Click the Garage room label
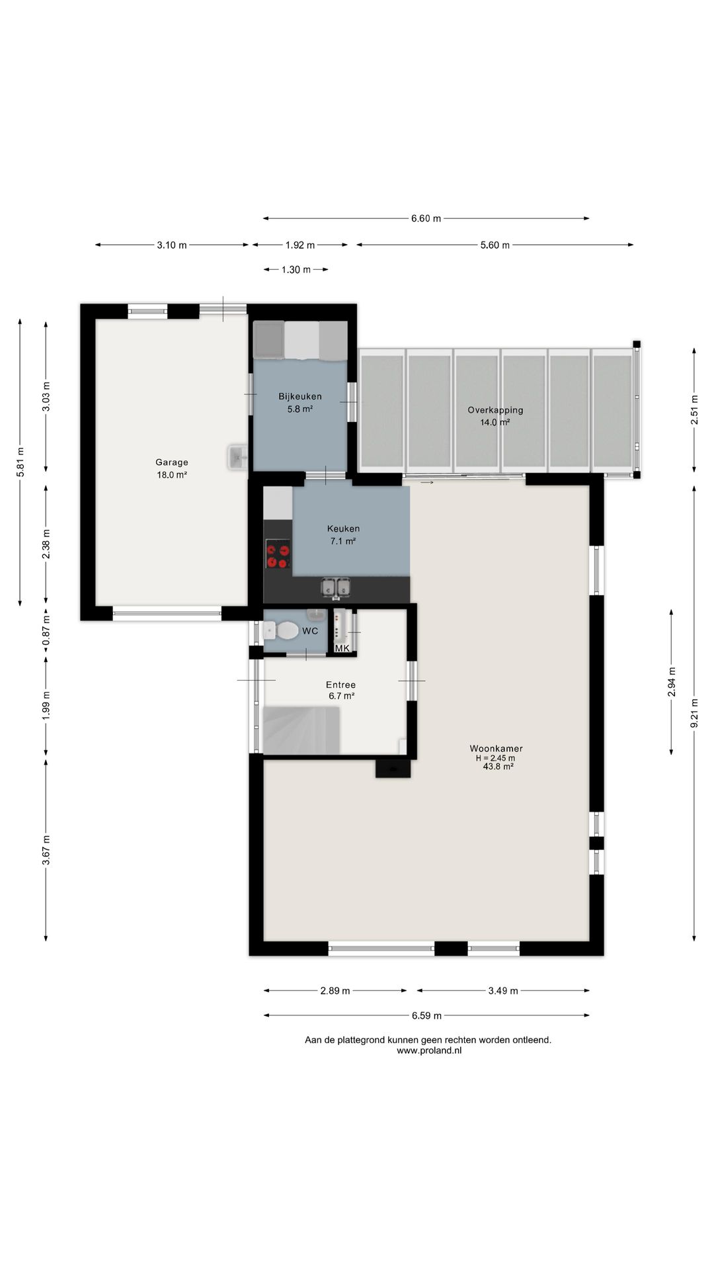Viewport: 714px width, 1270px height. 172,462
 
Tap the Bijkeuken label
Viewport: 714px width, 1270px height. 300,397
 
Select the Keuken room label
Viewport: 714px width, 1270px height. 343,529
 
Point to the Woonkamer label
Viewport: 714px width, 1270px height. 496,749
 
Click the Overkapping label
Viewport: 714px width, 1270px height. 495,410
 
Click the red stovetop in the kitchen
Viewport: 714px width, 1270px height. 278,554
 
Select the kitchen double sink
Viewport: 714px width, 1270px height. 337,587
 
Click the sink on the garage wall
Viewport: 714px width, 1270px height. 238,457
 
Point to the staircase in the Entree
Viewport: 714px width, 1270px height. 301,730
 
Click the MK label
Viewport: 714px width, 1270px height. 342,648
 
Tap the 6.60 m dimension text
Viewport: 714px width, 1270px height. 426,218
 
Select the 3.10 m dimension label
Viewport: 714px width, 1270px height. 172,245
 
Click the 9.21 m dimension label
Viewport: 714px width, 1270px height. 694,714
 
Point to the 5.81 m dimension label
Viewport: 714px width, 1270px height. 20,462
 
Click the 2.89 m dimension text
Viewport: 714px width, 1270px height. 335,991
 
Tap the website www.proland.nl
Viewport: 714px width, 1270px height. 429,1050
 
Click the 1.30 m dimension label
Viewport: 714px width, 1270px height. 296,270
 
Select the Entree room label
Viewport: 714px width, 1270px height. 340,685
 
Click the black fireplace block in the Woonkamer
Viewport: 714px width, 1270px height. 393,769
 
